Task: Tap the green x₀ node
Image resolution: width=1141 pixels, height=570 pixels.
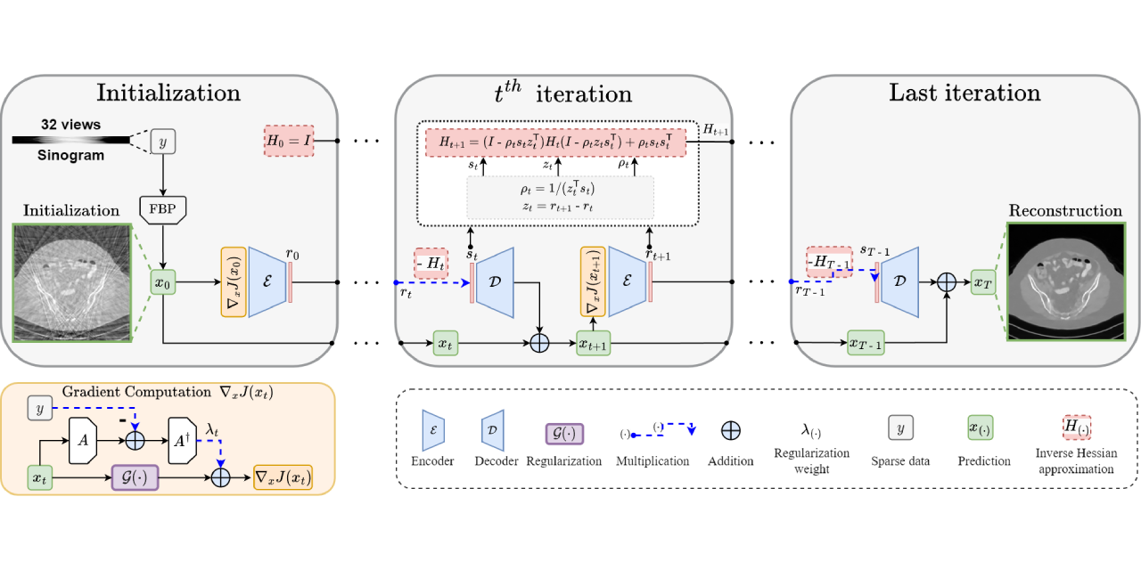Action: [x=162, y=283]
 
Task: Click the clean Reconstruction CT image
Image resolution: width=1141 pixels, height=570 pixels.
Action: [x=1064, y=281]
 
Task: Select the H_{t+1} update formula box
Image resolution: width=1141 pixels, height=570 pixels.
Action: [x=554, y=142]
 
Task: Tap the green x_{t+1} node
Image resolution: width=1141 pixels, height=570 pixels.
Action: [x=593, y=343]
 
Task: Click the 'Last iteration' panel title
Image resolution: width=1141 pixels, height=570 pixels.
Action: [x=965, y=93]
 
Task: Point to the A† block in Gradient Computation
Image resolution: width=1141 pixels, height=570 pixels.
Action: [x=181, y=440]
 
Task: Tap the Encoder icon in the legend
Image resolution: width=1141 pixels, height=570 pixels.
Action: [x=433, y=429]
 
